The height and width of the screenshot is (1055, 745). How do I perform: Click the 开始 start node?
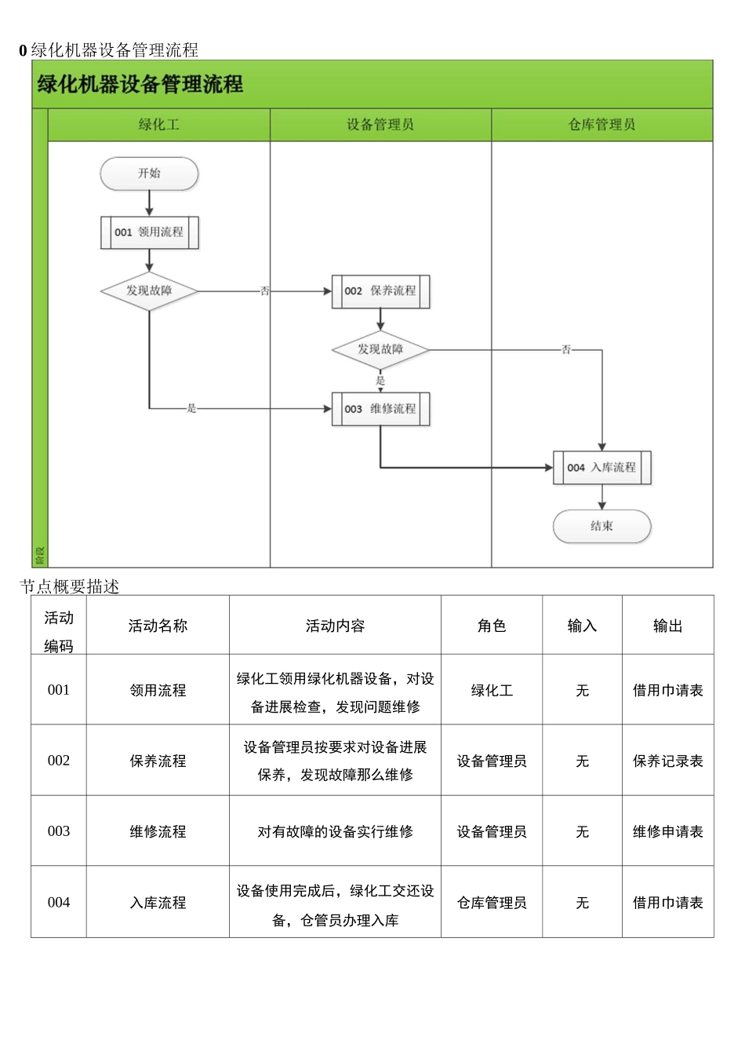(x=149, y=173)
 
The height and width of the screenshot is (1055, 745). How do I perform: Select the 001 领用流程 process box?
(x=149, y=232)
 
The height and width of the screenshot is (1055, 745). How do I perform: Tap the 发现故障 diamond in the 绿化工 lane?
(x=149, y=290)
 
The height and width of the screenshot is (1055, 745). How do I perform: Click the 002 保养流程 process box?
(x=380, y=291)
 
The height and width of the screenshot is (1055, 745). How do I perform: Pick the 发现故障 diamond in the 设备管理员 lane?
(x=380, y=349)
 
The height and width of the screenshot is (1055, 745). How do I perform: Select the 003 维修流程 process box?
(x=380, y=409)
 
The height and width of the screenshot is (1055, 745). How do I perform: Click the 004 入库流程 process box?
(x=601, y=468)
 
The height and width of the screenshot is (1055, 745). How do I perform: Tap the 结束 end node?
(x=601, y=526)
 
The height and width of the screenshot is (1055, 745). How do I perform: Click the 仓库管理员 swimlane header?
(x=601, y=125)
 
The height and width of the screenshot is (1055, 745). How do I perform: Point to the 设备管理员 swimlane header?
(x=380, y=125)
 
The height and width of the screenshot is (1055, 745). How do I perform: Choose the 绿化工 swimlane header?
(x=159, y=125)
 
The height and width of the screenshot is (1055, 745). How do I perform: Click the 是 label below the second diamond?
(x=380, y=381)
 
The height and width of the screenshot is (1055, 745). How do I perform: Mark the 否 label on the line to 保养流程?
(x=265, y=291)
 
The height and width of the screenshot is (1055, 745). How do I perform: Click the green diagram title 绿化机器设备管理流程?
(x=140, y=84)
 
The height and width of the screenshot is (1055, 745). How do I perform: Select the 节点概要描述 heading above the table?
(x=70, y=586)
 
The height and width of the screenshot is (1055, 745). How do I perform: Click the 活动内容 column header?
(x=335, y=626)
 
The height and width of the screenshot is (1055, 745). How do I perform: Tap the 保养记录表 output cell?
(x=667, y=761)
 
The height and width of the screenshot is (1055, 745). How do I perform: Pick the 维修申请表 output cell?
(x=667, y=831)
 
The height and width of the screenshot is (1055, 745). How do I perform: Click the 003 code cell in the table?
(x=59, y=831)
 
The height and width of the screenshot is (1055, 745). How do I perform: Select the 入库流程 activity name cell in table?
(x=158, y=903)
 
